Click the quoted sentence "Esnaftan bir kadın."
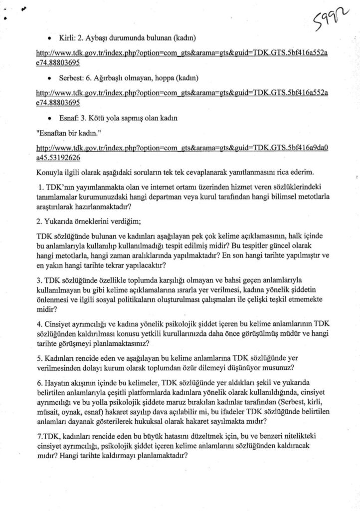(67, 135)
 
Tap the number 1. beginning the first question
(41, 187)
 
